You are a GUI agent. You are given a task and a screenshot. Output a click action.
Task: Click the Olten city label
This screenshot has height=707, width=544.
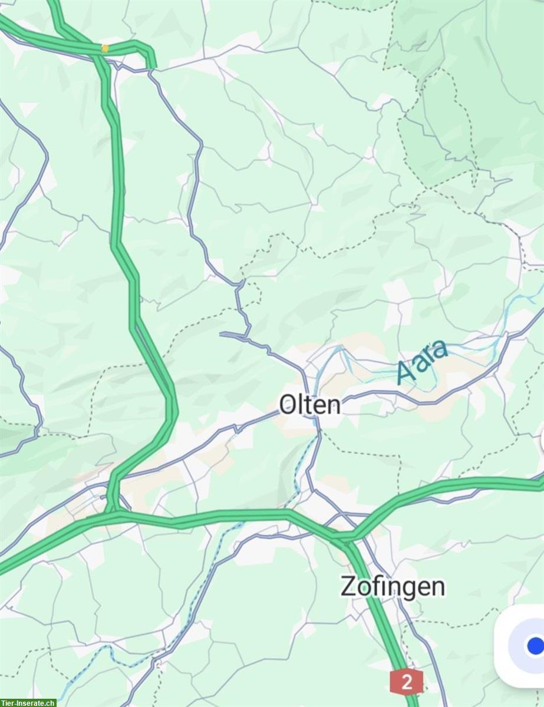click(x=310, y=405)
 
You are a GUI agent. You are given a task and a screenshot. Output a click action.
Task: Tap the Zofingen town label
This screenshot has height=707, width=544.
click(x=393, y=587)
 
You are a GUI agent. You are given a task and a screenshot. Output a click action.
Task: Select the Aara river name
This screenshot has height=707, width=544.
click(x=422, y=361)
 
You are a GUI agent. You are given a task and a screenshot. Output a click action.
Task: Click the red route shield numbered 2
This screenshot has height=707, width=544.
click(x=406, y=682)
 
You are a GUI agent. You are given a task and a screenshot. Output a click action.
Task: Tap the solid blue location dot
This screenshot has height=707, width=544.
click(x=535, y=646)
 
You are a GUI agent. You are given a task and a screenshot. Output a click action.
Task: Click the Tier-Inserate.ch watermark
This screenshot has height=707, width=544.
click(x=28, y=702)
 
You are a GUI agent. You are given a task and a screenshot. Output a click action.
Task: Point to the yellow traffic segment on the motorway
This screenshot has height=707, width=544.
click(x=105, y=48)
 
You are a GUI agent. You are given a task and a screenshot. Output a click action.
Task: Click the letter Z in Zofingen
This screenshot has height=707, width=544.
click(x=348, y=587)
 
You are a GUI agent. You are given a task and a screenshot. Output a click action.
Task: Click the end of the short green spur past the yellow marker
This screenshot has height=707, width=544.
click(x=154, y=65)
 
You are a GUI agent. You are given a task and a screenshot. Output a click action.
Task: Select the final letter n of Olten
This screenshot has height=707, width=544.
click(x=334, y=405)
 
